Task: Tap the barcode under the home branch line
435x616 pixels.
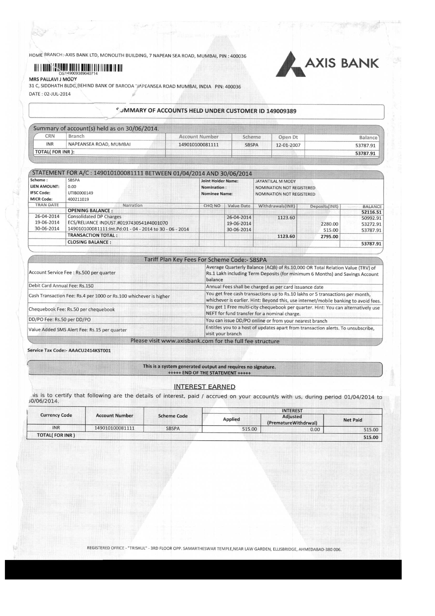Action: [x=78, y=68]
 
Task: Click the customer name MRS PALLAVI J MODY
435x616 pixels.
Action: [x=53, y=79]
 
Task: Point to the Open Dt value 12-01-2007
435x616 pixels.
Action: [x=288, y=145]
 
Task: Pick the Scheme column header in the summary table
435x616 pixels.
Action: [x=252, y=137]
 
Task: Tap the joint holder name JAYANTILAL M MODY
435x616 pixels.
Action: [x=275, y=181]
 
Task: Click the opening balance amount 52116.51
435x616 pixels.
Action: [x=371, y=212]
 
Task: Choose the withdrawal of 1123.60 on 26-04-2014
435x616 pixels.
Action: [x=286, y=218]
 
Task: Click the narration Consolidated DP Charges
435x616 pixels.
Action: [x=94, y=217]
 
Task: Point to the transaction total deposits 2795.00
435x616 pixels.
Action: [x=329, y=237]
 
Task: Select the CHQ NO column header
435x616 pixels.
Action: [x=212, y=206]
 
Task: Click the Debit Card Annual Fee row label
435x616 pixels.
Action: [x=61, y=286]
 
